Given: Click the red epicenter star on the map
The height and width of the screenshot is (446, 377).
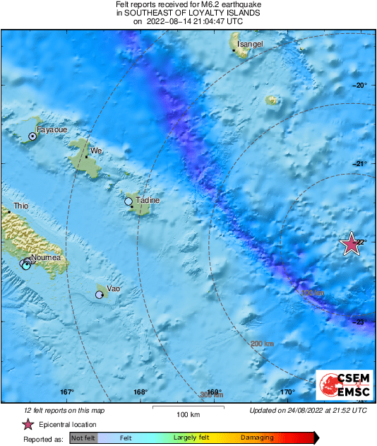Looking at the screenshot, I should point(351,244).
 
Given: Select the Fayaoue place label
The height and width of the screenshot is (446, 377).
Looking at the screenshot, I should point(50,130).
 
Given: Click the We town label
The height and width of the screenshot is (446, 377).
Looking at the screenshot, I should point(97,151).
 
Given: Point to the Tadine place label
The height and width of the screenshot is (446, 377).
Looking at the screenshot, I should point(147,201).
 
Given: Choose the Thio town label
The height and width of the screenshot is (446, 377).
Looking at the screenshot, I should point(21,206).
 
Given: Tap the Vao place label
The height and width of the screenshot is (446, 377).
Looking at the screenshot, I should point(112,288).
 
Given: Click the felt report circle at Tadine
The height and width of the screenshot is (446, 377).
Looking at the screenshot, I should point(128,201).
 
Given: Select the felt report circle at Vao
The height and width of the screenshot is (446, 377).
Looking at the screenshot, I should point(100,295).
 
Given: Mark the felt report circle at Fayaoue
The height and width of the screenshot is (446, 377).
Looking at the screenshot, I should point(32,136).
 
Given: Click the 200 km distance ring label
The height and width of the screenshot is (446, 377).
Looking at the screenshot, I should point(261,344).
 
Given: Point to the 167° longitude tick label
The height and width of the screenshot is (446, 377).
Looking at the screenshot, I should point(67,392).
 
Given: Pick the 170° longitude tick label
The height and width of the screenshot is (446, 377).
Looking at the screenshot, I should point(287,392).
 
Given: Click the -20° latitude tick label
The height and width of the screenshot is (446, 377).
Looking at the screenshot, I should point(361,85).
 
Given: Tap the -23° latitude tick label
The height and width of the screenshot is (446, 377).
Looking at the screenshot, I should point(361,322).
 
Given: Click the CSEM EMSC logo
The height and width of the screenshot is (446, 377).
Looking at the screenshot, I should point(340,385).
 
